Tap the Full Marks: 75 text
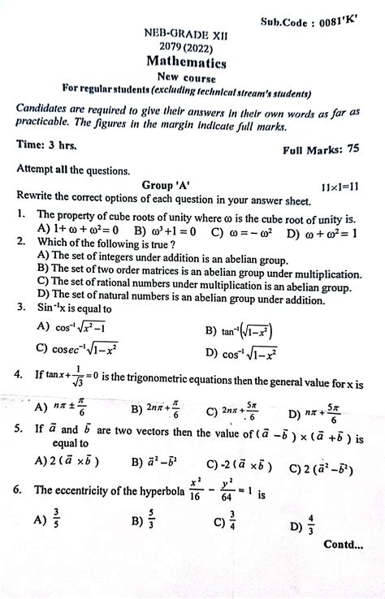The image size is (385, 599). [322, 150]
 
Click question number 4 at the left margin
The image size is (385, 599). [19, 374]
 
